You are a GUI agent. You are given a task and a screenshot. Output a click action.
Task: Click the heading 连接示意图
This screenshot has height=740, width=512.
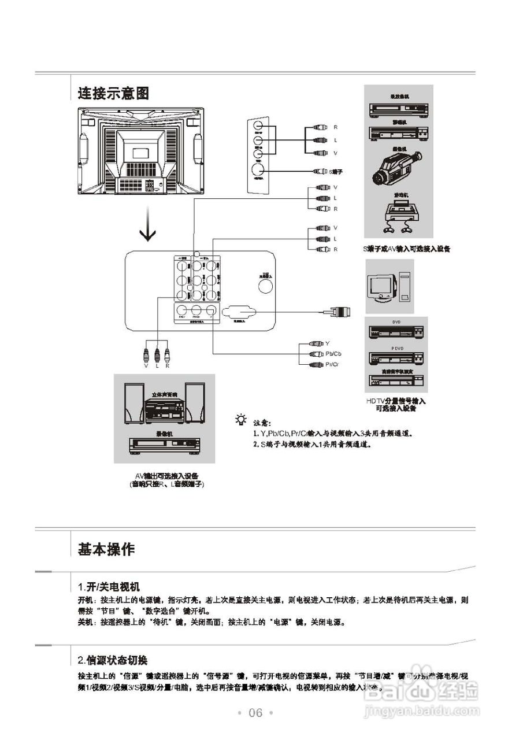point(114,93)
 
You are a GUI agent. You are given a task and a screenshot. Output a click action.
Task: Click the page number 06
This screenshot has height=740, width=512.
point(255,713)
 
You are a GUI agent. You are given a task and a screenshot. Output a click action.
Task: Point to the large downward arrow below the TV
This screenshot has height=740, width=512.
point(149,228)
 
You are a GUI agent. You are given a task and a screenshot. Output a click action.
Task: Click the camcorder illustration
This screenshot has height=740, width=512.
point(399,165)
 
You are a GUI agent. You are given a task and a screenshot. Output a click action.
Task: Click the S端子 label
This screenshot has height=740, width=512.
point(336,172)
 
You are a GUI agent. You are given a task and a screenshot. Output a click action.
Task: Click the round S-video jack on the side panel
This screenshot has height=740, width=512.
point(258,171)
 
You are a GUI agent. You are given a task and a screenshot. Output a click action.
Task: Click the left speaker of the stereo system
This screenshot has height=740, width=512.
point(134,405)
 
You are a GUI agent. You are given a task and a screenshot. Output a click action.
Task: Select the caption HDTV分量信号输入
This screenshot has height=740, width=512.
point(396,401)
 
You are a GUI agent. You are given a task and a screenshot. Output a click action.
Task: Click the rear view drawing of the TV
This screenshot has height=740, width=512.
point(141,151)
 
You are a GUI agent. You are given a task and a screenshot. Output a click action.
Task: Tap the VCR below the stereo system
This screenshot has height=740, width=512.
point(165,446)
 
